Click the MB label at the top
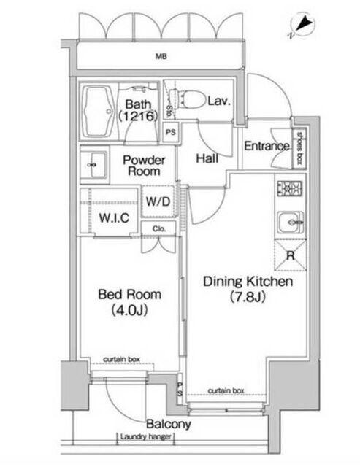tap(161, 56)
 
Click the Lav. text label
tap(219, 101)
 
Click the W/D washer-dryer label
tap(158, 201)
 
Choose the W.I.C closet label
tap(114, 218)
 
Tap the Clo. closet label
tap(159, 228)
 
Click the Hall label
tap(207, 158)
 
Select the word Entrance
tap(267, 146)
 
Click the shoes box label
tap(299, 148)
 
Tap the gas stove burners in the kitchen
tap(290, 189)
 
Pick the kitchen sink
tap(291, 223)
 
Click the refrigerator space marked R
tap(291, 255)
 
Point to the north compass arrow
tap(304, 24)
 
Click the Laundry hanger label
tap(146, 436)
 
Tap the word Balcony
tap(169, 424)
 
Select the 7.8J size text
tap(248, 297)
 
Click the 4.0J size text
tap(130, 311)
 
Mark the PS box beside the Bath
tap(170, 132)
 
